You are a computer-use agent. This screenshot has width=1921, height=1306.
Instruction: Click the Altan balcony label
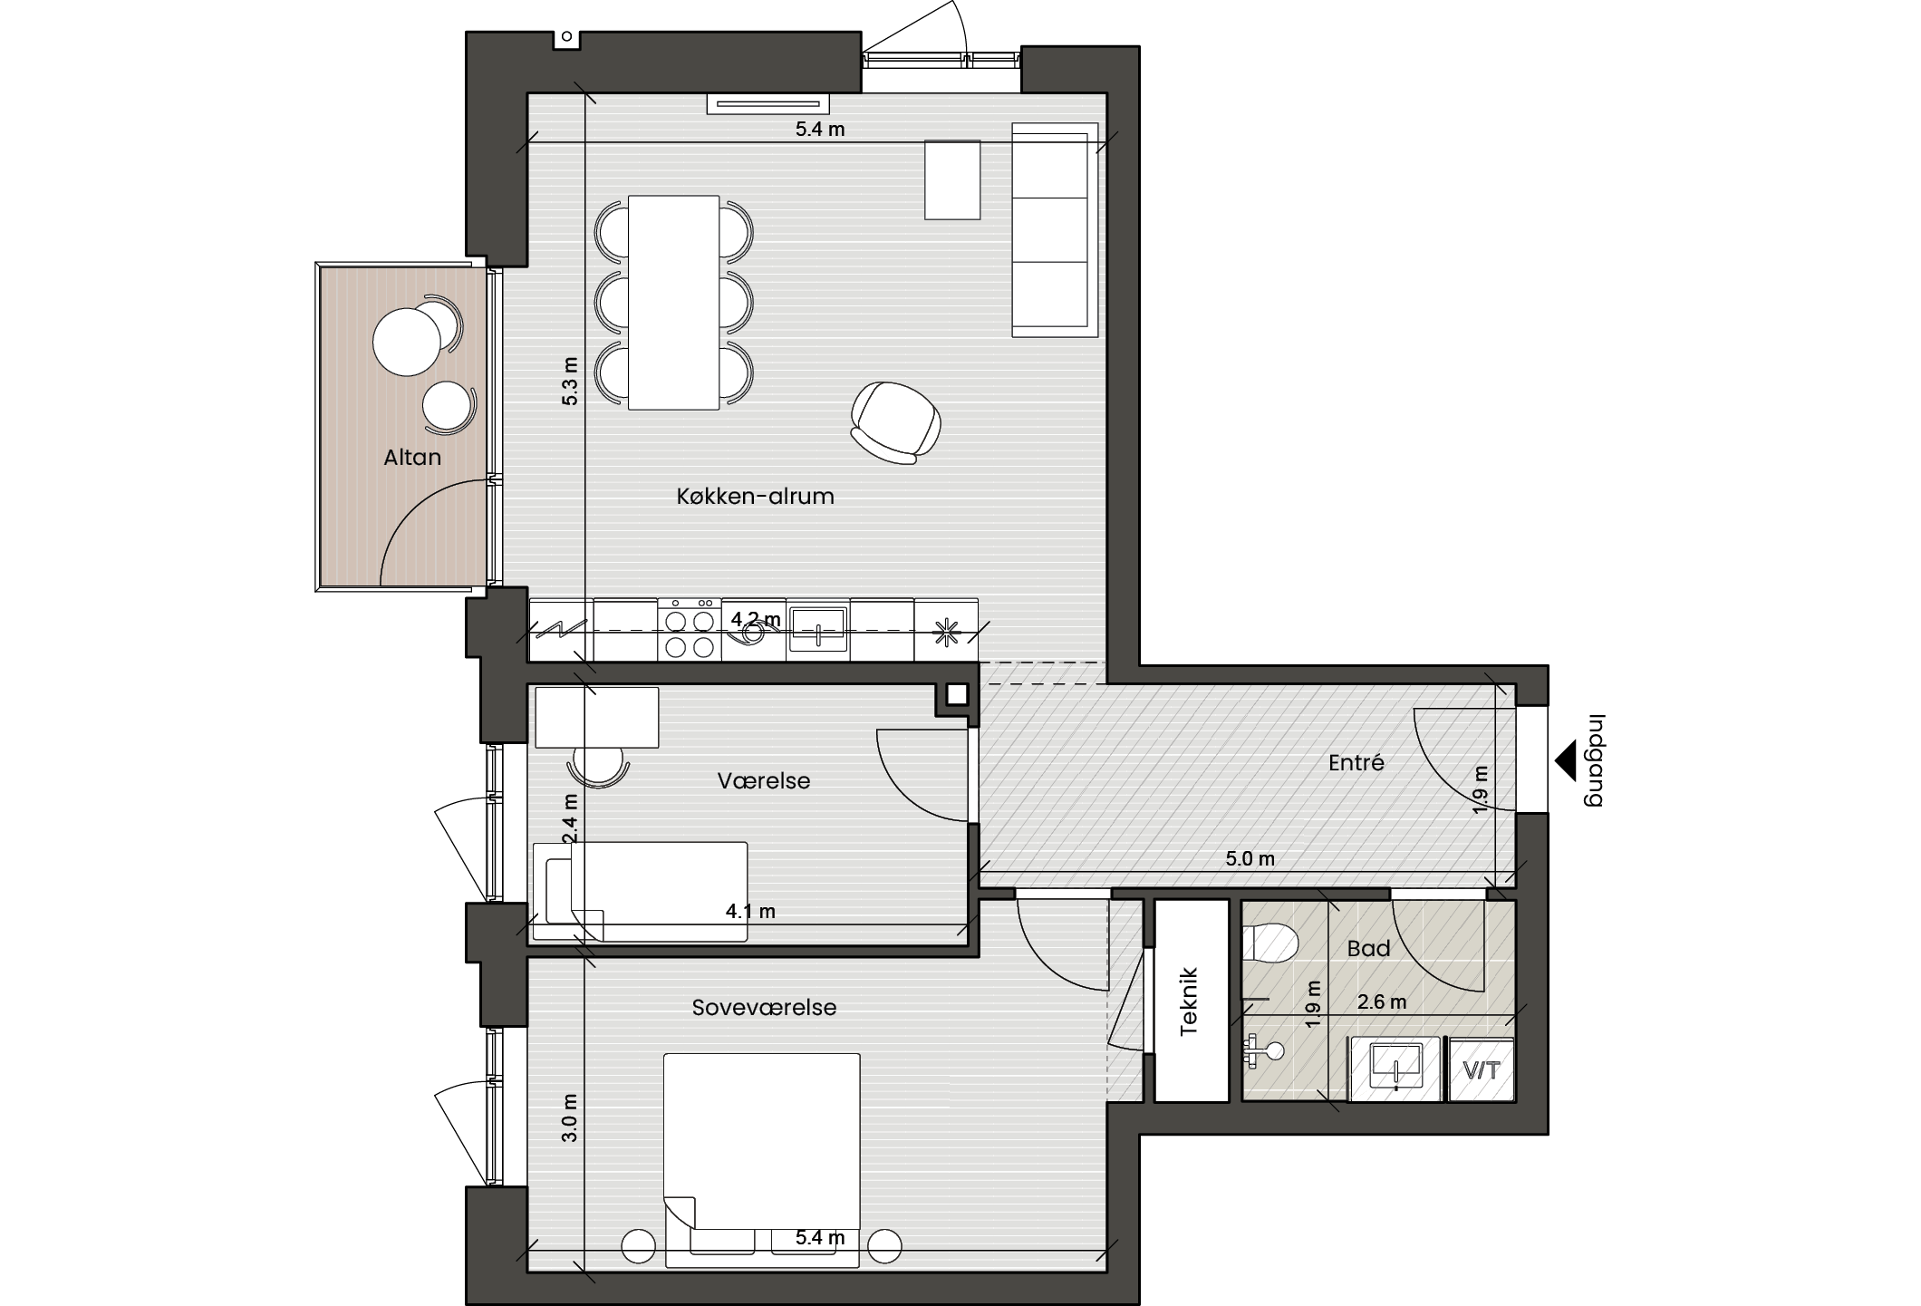point(412,458)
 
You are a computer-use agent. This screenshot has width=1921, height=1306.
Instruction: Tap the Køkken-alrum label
point(755,497)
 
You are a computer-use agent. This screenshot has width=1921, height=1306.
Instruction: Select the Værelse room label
point(764,781)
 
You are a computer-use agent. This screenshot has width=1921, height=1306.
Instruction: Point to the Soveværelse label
point(764,1008)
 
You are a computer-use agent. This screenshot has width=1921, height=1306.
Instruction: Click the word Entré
point(1356,763)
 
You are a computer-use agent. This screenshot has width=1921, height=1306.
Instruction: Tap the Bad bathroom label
point(1368,949)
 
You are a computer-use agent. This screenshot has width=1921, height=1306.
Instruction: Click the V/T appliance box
point(1482,1070)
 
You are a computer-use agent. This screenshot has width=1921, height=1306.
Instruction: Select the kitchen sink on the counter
point(818,629)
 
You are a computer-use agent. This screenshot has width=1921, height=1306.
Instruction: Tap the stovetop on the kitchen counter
point(690,630)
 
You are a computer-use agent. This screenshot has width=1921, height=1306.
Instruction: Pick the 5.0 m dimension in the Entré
point(1250,858)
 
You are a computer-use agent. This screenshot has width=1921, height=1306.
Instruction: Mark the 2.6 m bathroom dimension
point(1382,1001)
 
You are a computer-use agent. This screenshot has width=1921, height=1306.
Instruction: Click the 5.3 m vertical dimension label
point(569,381)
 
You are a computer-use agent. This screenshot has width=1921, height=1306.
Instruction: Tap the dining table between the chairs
point(674,303)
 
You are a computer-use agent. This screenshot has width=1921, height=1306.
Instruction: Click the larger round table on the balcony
point(407,342)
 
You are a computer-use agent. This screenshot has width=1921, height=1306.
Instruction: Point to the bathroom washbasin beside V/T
point(1395,1069)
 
